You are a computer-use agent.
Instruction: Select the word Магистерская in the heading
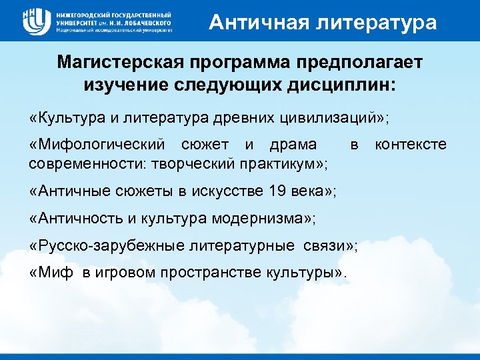point(121,63)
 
